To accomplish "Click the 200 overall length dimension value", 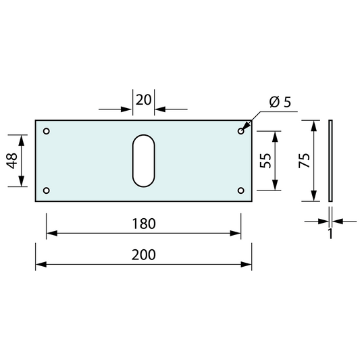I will pos(144,255).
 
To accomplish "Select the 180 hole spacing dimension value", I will pos(144,223).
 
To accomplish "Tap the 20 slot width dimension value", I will pos(143,100).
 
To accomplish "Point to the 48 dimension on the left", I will pos(12,161).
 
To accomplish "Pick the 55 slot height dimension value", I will pos(265,161).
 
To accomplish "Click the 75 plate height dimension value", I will pos(304,160).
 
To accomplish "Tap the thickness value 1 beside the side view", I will pos(330,234).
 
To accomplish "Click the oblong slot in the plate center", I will pos(143,160).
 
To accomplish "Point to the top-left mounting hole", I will pos(46,131).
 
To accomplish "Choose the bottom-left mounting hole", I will pos(46,190).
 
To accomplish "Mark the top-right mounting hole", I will pos(240,131).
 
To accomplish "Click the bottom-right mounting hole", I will pos(240,190).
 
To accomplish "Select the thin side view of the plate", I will pos(330,160).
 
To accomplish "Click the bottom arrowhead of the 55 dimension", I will pos(276,186).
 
